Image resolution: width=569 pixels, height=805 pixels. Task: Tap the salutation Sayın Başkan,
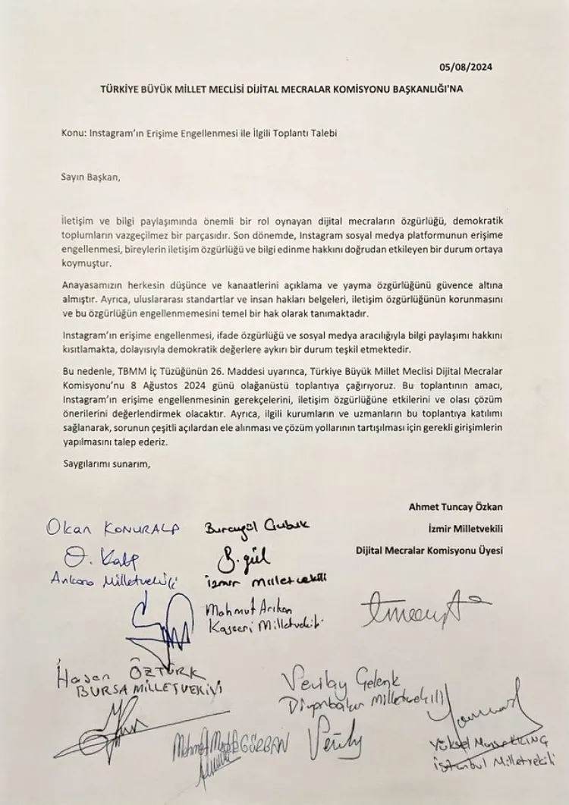91,178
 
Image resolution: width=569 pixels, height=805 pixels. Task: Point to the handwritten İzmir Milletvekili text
266,580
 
